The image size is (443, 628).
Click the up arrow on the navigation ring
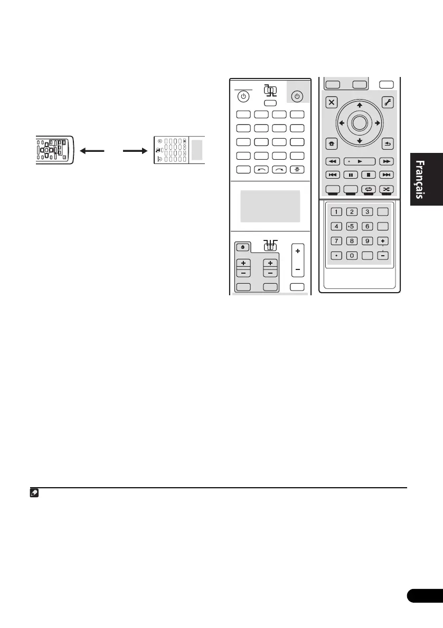(359, 105)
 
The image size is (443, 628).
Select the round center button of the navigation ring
(359, 123)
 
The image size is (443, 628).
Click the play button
(360, 161)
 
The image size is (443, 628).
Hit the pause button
(351, 175)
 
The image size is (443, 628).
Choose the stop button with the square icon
(369, 175)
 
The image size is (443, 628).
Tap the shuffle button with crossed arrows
(387, 188)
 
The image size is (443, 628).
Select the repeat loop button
(369, 188)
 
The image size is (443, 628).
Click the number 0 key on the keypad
(351, 255)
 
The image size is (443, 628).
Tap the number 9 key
(369, 241)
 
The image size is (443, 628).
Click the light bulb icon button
(297, 170)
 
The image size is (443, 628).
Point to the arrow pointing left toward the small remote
(92, 150)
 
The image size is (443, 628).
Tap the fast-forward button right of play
(387, 161)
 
